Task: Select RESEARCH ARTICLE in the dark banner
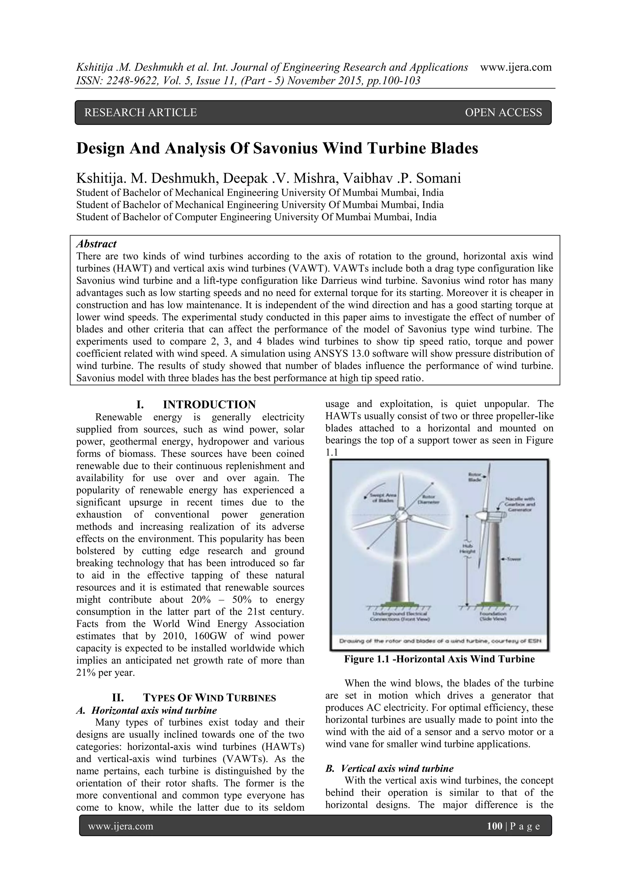(x=141, y=113)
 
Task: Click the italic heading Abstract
(x=96, y=244)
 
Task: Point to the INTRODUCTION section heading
(x=209, y=405)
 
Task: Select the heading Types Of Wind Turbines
(x=209, y=698)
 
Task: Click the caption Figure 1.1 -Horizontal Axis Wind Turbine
(x=439, y=659)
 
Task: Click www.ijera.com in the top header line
(x=516, y=67)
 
